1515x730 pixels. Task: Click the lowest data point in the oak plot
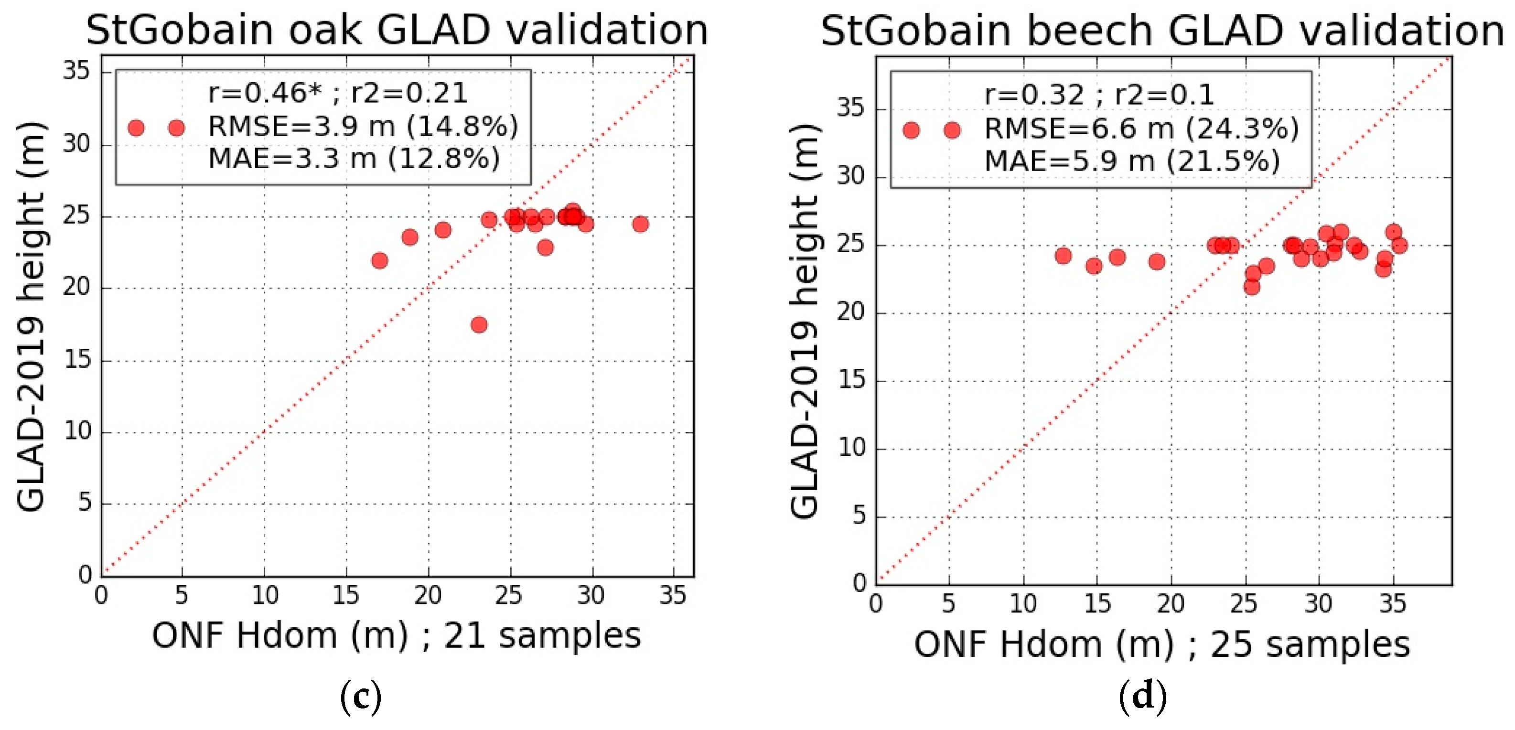click(479, 325)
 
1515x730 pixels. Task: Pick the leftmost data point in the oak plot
click(380, 260)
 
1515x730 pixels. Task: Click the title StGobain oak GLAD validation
click(397, 30)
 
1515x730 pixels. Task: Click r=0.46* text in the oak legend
click(265, 93)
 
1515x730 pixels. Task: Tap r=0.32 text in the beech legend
click(1034, 95)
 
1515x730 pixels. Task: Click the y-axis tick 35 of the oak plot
click(76, 72)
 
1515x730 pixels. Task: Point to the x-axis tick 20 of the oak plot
click(428, 596)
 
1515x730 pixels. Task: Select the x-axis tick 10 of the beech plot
click(1023, 604)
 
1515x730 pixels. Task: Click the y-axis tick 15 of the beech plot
click(851, 381)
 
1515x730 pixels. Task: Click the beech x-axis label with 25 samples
click(1161, 644)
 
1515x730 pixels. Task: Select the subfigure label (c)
click(361, 698)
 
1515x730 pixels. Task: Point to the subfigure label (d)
click(1142, 698)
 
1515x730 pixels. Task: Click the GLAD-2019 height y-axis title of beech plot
click(805, 321)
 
